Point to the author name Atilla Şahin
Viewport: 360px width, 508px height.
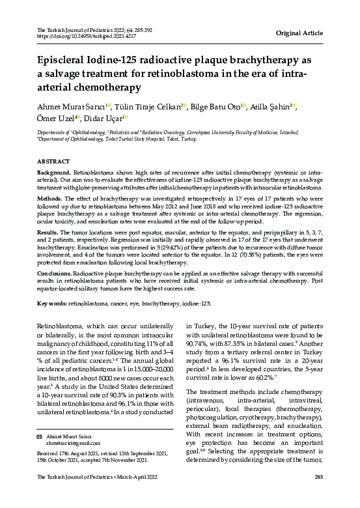[270, 107]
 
